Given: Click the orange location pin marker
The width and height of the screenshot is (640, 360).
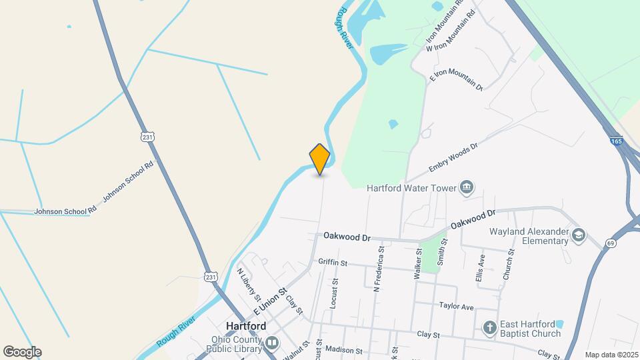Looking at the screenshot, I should [x=320, y=159].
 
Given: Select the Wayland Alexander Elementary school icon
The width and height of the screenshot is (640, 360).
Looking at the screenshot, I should [x=579, y=234].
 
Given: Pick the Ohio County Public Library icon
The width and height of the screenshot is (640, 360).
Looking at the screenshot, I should [x=271, y=343].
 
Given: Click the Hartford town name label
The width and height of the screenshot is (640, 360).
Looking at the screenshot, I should [x=246, y=327].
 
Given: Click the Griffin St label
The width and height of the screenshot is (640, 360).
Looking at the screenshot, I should [x=333, y=263].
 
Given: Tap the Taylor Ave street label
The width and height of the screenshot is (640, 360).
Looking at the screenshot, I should [x=456, y=307].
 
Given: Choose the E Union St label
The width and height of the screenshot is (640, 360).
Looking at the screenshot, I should [x=269, y=301].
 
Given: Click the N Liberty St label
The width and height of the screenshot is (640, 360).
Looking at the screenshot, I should [x=247, y=283].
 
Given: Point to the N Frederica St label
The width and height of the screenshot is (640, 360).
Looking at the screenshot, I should [x=379, y=269].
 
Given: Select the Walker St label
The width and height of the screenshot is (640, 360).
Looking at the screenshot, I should [x=419, y=262].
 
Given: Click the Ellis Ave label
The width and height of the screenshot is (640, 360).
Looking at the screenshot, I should [x=480, y=269].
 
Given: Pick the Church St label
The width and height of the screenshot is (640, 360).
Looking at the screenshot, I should [x=511, y=264].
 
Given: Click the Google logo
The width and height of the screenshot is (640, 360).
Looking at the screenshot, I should [x=22, y=352].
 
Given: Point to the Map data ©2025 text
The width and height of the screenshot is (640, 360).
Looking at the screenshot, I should [x=611, y=355].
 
